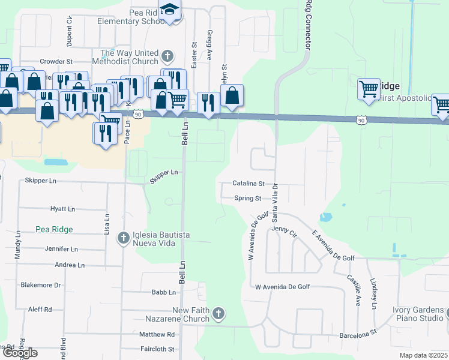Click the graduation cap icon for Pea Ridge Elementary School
(171, 10)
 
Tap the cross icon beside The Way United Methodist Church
(167, 57)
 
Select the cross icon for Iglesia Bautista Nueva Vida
(123, 238)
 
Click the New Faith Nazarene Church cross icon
(218, 313)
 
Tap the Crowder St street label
(56, 61)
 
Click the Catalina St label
(249, 184)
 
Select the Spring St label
(248, 198)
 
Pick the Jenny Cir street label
(284, 230)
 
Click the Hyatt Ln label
(62, 209)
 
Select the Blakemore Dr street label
(41, 285)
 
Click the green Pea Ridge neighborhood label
(54, 229)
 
